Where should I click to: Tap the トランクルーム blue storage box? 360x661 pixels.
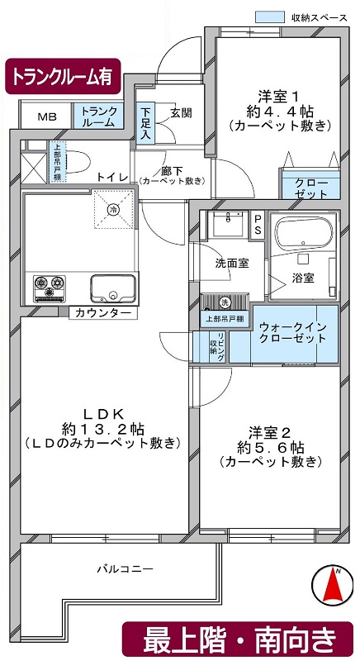click(99, 115)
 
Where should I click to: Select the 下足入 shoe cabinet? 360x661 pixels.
click(145, 123)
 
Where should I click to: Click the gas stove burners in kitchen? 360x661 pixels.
click(50, 288)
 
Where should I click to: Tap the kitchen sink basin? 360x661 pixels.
click(113, 288)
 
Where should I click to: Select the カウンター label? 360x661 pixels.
click(102, 313)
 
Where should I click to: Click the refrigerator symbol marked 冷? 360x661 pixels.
click(113, 209)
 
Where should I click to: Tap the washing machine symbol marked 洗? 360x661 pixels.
click(225, 302)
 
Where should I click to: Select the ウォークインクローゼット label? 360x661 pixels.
click(292, 332)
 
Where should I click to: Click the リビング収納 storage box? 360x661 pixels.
click(218, 346)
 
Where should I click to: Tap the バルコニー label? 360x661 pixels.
click(125, 569)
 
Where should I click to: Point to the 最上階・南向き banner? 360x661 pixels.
click(239, 640)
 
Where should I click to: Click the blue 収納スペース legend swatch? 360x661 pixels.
click(269, 17)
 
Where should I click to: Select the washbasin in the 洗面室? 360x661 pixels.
click(228, 223)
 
